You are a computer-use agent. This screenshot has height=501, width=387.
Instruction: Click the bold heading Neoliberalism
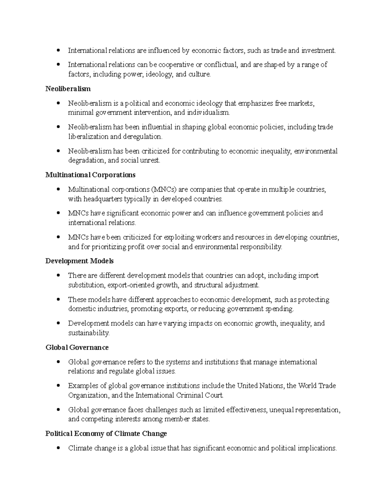68,89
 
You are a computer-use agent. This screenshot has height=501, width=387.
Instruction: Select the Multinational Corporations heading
90,175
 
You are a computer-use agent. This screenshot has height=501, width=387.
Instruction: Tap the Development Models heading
79,261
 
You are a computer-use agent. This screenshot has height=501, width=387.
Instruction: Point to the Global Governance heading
77,347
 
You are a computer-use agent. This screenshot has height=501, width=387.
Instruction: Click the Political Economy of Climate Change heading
106,433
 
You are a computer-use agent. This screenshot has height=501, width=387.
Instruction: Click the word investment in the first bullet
318,50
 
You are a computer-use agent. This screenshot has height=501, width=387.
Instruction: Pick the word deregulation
143,136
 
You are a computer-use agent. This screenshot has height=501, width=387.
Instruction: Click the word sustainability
89,333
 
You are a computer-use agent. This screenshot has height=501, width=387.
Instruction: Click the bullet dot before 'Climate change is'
58,448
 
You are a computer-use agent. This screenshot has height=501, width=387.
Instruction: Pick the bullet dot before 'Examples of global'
58,386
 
